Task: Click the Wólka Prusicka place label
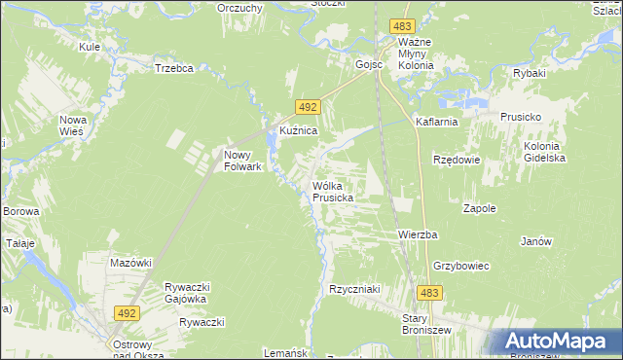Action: pos(332,191)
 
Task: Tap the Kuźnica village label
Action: pos(299,130)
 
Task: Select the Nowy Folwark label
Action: pos(243,160)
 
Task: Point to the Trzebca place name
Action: pos(175,68)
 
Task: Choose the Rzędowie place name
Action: pos(455,159)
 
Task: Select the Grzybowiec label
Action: pos(460,266)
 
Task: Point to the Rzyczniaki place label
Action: pos(352,289)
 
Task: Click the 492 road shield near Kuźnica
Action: pos(306,108)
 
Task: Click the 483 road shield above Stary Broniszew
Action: pos(430,292)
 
